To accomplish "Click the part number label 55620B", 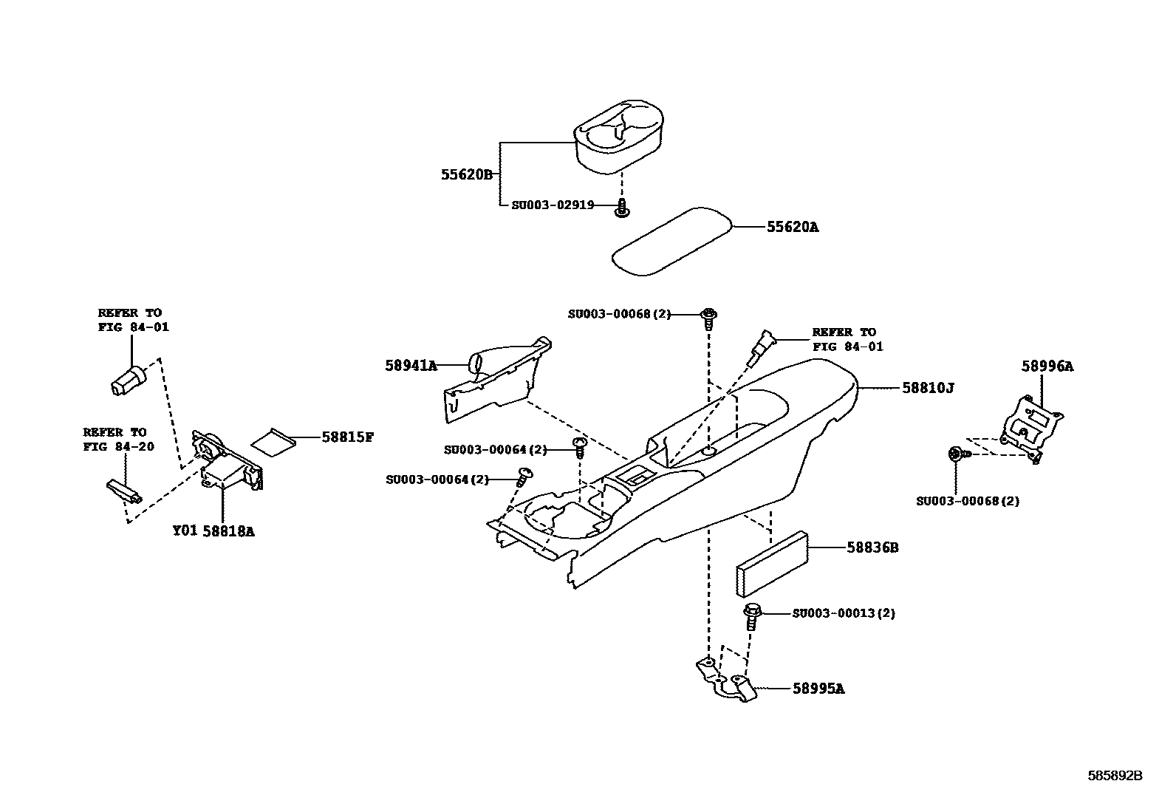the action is (466, 175).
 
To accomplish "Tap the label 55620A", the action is (792, 227).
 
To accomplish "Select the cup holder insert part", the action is (619, 136).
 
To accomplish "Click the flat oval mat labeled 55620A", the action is (671, 241).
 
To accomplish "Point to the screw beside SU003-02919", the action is (622, 208).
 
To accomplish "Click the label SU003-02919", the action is (553, 205).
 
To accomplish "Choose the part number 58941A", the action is (411, 366).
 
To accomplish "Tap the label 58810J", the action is (928, 388).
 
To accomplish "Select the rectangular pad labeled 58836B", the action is (772, 564).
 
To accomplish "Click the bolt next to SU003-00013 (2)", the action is (752, 617).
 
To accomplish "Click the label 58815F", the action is (347, 437).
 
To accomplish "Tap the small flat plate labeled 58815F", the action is (273, 440).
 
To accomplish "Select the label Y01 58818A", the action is (213, 531).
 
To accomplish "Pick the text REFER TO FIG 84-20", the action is (119, 440).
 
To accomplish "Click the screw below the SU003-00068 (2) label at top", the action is (708, 318).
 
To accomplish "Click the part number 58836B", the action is (872, 547).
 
